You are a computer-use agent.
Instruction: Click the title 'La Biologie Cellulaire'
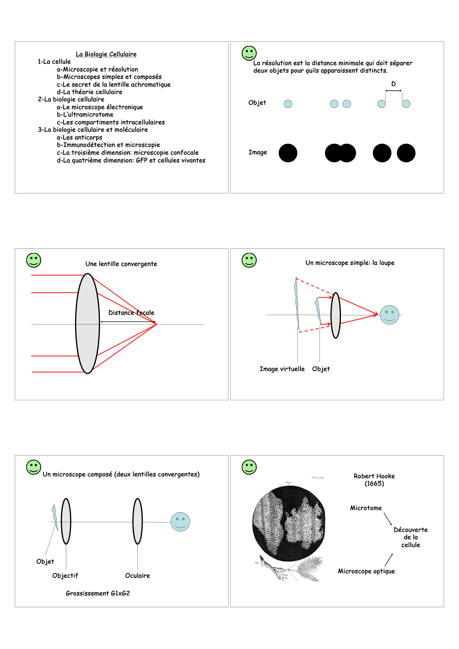[x=106, y=54]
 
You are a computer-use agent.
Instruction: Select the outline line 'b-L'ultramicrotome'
[x=85, y=115]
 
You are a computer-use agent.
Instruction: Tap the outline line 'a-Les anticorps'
[x=80, y=138]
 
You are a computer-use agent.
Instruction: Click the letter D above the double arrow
[x=393, y=84]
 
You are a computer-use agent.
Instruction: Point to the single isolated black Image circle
[x=288, y=153]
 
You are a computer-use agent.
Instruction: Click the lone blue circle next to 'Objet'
[x=288, y=104]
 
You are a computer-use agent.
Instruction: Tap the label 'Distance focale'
[x=131, y=313]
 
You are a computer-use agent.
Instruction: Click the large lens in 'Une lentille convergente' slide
[x=88, y=324]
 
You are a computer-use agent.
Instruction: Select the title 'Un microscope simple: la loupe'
[x=350, y=263]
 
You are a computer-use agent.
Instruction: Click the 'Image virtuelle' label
[x=282, y=369]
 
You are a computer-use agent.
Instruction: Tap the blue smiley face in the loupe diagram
[x=389, y=315]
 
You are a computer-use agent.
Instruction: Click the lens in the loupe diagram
[x=336, y=315]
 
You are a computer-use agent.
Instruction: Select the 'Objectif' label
[x=65, y=576]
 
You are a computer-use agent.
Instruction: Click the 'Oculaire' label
[x=137, y=576]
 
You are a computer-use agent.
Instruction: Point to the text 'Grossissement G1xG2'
[x=98, y=594]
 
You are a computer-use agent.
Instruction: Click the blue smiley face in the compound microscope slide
[x=180, y=522]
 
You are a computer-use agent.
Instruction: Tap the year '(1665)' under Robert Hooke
[x=374, y=484]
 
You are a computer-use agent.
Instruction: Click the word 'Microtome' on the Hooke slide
[x=366, y=508]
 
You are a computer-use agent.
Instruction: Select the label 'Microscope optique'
[x=366, y=571]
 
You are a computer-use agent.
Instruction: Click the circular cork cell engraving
[x=289, y=523]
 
